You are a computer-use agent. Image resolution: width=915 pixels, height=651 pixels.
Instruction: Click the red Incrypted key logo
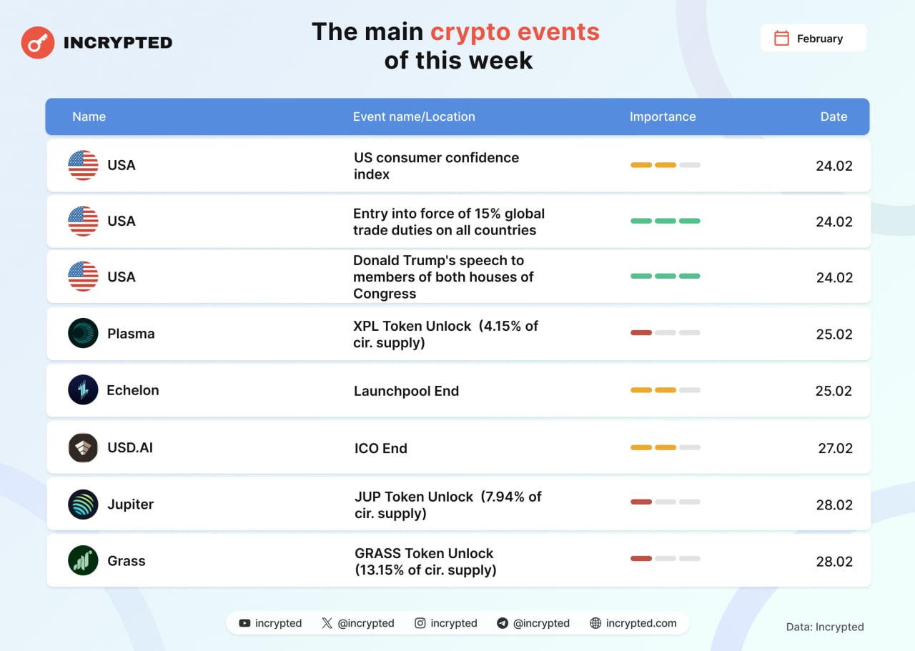38,42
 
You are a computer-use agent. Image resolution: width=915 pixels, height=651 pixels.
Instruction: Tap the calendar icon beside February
781,38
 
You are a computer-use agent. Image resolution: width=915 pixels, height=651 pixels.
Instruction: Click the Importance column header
663,116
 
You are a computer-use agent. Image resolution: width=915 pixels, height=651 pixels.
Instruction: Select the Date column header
834,116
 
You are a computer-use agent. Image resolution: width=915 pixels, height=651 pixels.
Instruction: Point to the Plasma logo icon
83,333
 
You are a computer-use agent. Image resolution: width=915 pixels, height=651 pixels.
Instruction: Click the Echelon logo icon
83,389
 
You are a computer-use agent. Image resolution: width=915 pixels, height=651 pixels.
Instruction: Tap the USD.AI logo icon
83,447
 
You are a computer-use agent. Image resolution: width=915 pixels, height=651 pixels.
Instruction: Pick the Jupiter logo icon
83,504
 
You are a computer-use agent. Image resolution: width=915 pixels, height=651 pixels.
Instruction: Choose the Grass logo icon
83,560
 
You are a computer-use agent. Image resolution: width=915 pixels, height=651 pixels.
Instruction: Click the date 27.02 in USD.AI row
836,448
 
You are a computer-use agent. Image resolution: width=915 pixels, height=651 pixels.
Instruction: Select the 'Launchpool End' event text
406,391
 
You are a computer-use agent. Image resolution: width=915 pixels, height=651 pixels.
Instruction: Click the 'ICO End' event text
381,448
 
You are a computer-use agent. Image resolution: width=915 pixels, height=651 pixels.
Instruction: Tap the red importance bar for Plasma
641,333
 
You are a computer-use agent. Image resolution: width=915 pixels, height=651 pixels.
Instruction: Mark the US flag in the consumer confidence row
83,165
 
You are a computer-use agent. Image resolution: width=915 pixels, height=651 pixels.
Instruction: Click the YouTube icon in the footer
244,623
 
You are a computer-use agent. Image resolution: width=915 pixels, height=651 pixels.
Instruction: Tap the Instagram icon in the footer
420,623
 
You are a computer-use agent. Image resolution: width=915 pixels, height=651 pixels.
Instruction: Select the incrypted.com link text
641,623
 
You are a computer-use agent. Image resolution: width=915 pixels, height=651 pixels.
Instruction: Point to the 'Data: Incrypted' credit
825,627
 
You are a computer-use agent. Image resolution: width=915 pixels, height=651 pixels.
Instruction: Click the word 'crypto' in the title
470,33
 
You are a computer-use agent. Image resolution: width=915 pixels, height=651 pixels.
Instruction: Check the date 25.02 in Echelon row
834,391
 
